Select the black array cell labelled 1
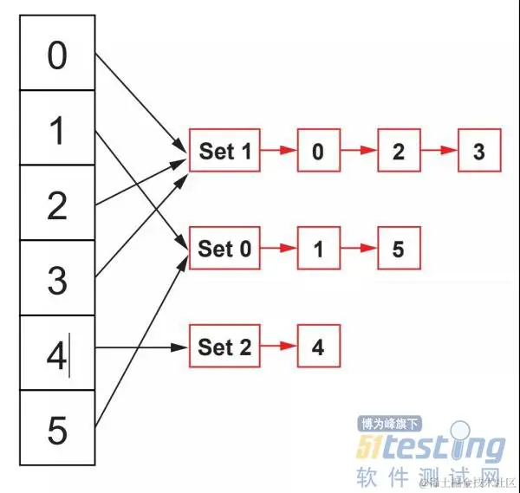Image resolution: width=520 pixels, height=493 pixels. pos(56,130)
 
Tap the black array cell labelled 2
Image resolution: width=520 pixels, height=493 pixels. pos(56,205)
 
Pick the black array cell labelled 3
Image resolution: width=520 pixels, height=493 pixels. pos(56,280)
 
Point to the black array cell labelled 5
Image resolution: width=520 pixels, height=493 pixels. pos(56,429)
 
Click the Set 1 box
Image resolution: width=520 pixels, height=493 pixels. pos(224,151)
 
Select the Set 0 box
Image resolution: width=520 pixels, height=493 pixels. pos(224,249)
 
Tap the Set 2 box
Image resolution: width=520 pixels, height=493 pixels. pos(224,347)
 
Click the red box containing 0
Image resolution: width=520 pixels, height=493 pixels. pos(318,152)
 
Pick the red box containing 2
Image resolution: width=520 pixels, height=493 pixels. pos(399,152)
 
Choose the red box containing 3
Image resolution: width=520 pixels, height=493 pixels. pos(479,152)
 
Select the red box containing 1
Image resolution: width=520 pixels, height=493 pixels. pos(318,250)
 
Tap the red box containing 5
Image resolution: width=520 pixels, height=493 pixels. pos(399,250)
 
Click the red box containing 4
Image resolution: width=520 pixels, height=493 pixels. pos(318,347)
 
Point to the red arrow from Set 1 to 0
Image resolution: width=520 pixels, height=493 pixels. pos(278,151)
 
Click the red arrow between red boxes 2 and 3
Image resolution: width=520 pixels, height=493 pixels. pos(439,151)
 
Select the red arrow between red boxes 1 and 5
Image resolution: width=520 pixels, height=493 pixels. pos(359,250)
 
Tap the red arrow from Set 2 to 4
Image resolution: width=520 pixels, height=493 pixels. pos(278,347)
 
